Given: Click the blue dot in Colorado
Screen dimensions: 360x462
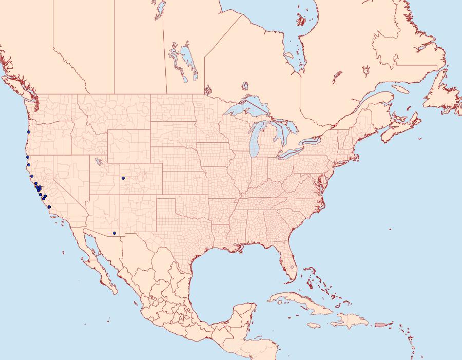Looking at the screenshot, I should coord(123,178).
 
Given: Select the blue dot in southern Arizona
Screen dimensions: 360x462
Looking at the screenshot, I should coord(114,233).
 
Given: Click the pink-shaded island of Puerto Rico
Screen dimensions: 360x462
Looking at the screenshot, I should coord(380,324).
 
